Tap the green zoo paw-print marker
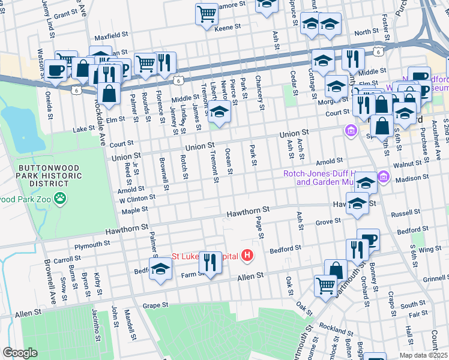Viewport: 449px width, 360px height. point(61,198)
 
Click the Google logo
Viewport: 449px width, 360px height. point(20,353)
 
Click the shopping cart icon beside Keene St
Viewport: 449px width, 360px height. point(206,13)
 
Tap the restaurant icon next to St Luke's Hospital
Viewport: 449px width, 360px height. point(210,262)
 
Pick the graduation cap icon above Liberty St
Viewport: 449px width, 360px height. point(220,113)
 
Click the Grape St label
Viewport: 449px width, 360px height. point(155,305)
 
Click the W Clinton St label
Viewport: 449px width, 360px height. point(137,197)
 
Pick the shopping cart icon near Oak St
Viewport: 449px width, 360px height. point(325,286)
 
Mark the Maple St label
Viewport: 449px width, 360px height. point(134,210)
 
